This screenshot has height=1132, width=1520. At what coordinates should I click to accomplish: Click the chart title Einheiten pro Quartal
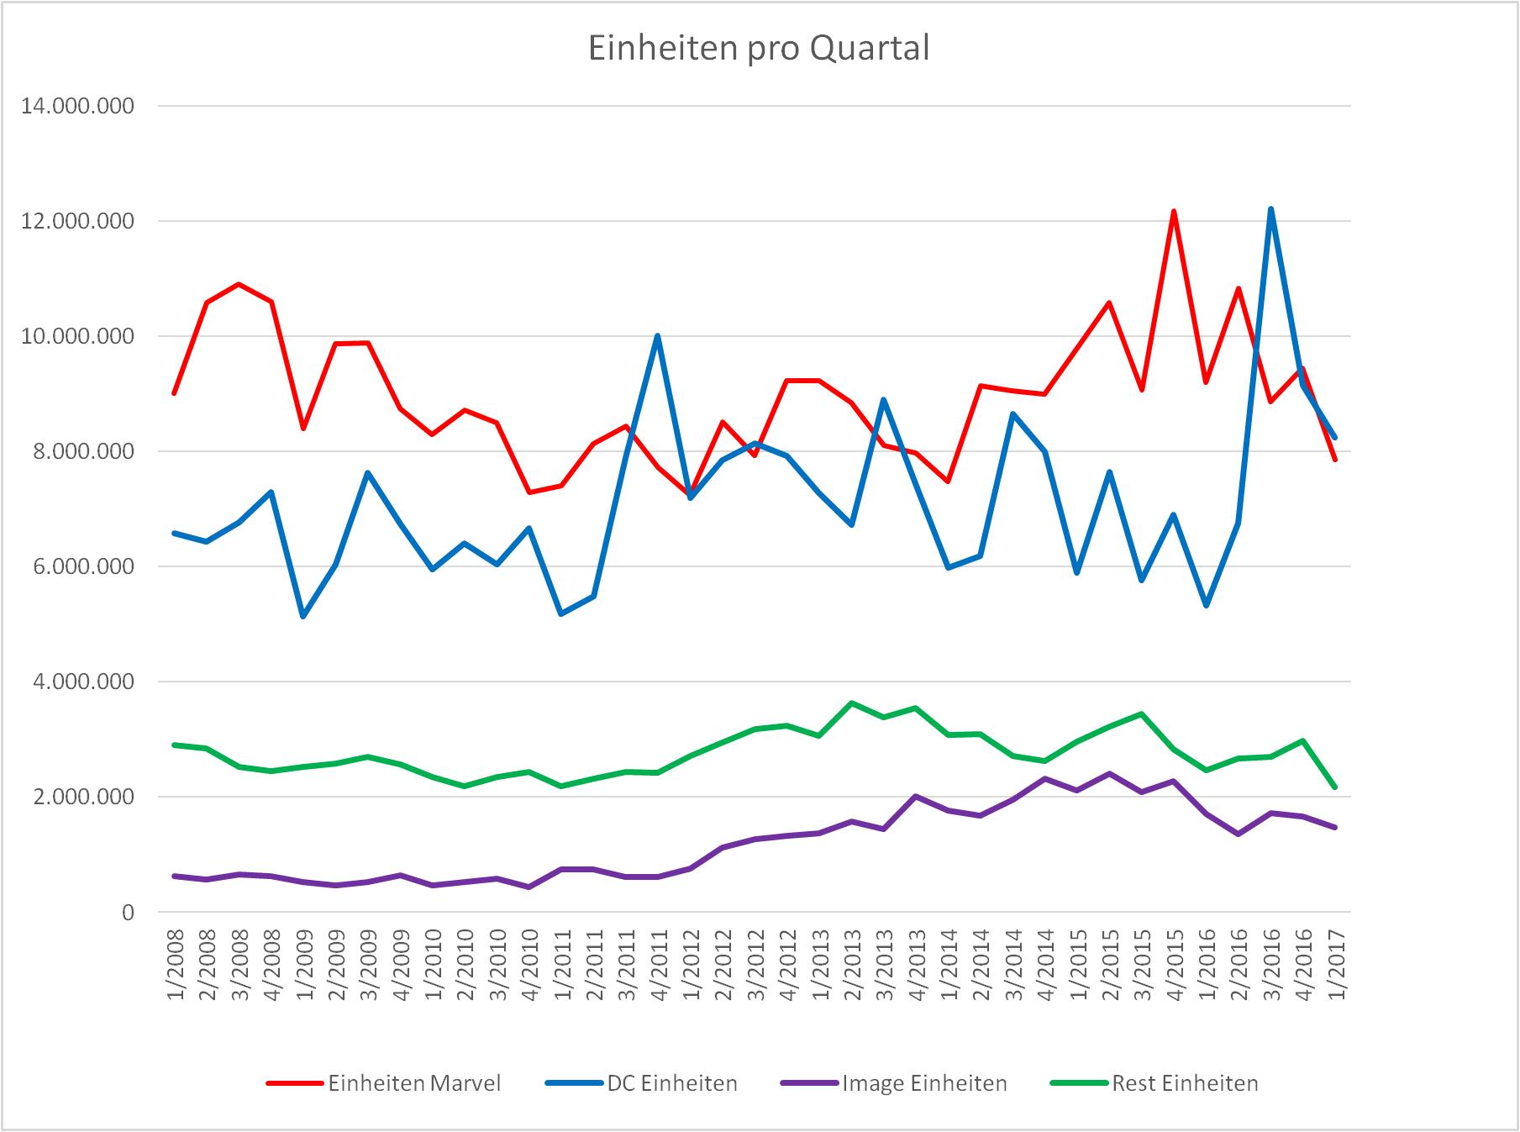(x=759, y=49)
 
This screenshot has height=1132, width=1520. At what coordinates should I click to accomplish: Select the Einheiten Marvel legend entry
(x=383, y=1083)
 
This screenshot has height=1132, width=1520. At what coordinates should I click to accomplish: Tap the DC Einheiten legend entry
(x=641, y=1083)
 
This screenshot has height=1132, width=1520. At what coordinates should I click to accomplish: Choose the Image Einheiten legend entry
(x=894, y=1083)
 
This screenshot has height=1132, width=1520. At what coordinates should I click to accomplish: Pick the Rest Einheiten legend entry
(x=1154, y=1083)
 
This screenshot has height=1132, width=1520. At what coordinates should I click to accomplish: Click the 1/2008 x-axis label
(x=175, y=964)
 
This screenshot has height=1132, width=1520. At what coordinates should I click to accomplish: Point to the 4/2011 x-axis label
(x=658, y=964)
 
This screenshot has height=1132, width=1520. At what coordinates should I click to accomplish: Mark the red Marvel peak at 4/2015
(x=1174, y=211)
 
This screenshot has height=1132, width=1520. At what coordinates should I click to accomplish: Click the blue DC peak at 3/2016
(x=1270, y=208)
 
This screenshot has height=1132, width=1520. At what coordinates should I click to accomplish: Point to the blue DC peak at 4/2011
(x=657, y=335)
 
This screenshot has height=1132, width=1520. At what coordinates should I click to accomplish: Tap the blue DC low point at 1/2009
(x=303, y=617)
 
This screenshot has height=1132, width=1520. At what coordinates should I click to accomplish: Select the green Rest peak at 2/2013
(x=851, y=703)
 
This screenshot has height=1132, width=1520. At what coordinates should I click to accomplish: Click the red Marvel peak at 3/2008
(x=239, y=284)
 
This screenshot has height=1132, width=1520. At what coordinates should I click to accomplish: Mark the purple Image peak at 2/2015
(x=1109, y=773)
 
